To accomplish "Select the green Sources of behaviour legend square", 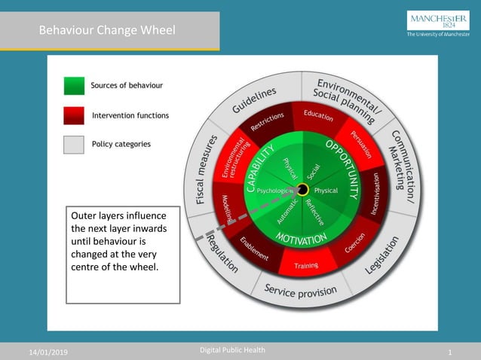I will click(74, 86).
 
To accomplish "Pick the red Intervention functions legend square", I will click(74, 115).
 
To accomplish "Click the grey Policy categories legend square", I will click(74, 144).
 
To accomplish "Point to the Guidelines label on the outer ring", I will click(254, 100).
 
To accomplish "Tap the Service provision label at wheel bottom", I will click(300, 289).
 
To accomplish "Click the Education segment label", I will click(318, 114).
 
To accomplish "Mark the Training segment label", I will click(306, 265).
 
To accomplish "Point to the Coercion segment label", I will click(354, 243).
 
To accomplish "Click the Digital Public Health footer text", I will click(232, 350).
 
